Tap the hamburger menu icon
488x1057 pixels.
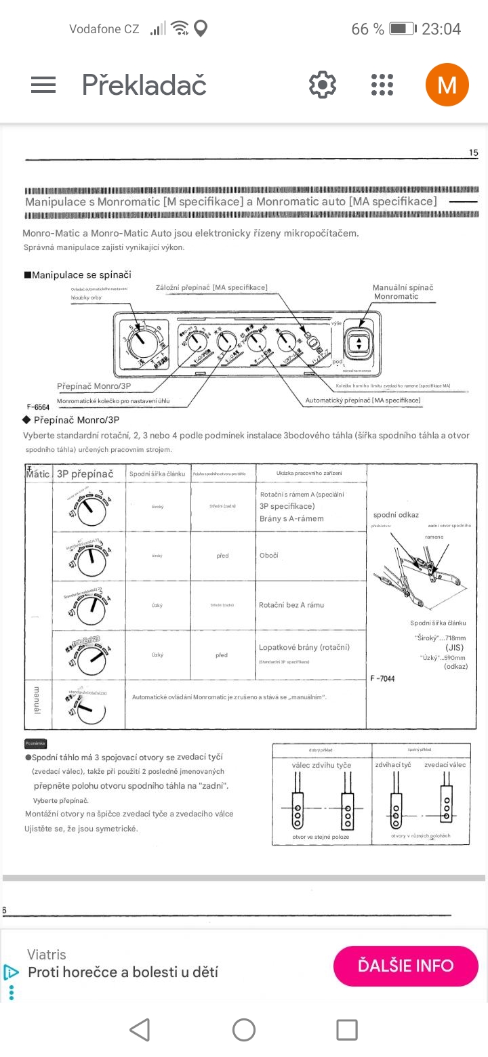pos(43,85)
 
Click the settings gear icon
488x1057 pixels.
pos(323,85)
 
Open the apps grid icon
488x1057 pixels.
pos(382,85)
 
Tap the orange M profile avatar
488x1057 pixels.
pos(447,85)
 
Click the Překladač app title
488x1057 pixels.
pos(144,85)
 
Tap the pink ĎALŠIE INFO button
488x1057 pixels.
pos(405,965)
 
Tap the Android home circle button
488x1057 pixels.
pos(243,1030)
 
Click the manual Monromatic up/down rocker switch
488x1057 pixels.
pos(358,341)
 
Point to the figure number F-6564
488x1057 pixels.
pos(38,407)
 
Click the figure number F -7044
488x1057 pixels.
pos(382,678)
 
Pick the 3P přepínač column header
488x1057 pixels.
pos(85,474)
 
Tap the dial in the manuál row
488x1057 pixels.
pos(89,707)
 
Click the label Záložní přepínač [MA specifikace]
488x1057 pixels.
pos(211,287)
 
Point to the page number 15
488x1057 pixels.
pos(473,153)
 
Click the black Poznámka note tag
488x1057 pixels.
pos(35,743)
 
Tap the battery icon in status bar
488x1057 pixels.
pos(401,28)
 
